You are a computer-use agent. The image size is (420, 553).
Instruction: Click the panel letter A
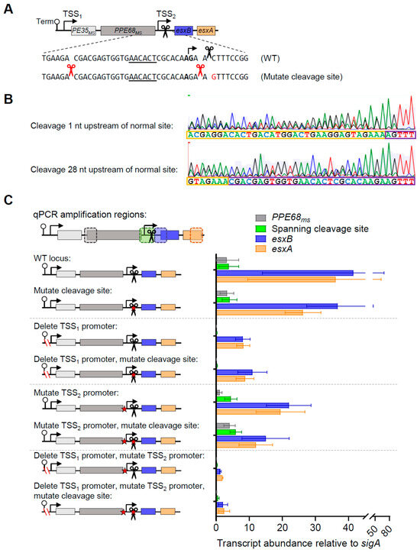(x=8, y=6)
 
